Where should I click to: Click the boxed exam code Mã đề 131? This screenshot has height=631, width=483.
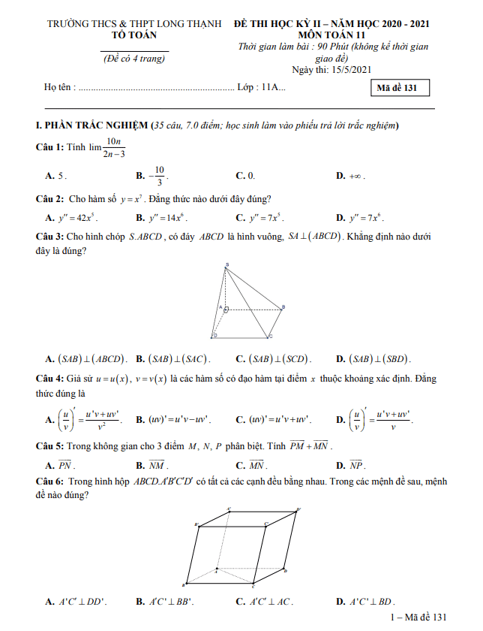[x=402, y=88]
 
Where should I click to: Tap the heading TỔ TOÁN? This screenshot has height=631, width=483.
[x=135, y=35]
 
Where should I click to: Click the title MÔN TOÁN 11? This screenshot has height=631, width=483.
[x=331, y=35]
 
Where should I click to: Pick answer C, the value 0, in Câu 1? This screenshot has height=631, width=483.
[x=246, y=176]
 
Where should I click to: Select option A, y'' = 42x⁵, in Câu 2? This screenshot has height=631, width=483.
[x=71, y=218]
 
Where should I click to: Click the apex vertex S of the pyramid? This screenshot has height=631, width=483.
[x=227, y=264]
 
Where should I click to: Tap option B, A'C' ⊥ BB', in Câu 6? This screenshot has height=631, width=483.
[x=165, y=602]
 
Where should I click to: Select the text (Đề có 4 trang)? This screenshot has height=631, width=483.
[x=134, y=59]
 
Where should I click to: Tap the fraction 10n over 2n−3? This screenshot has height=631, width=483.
[x=114, y=148]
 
